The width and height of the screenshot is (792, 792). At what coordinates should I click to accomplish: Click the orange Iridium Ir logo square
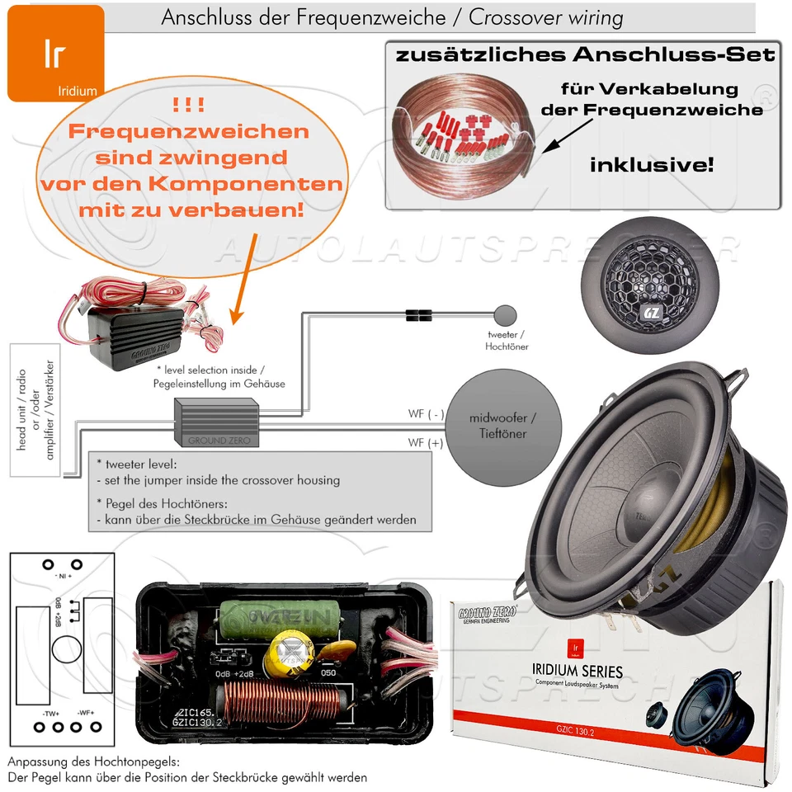pyautogui.click(x=55, y=54)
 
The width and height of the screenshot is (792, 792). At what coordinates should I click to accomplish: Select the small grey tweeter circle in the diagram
pyautogui.click(x=504, y=314)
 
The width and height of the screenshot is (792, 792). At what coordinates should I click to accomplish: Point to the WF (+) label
pyautogui.click(x=426, y=443)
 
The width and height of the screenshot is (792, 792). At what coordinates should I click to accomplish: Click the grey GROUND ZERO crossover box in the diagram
pyautogui.click(x=216, y=421)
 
